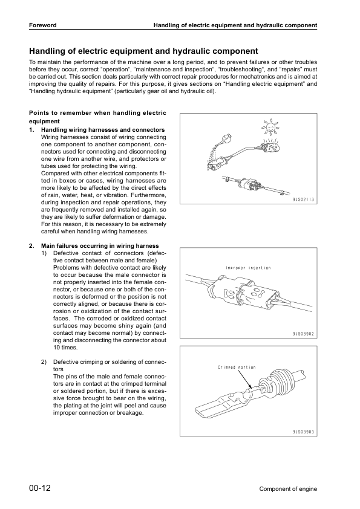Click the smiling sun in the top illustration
pyautogui.click(x=269, y=128)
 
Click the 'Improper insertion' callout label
pyautogui.click(x=248, y=268)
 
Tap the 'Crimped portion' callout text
pyautogui.click(x=237, y=367)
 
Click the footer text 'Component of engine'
pyautogui.click(x=288, y=489)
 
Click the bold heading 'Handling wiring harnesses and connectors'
pyautogui.click(x=102, y=131)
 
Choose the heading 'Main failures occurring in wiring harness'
pyautogui.click(x=100, y=246)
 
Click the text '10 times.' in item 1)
pyautogui.click(x=65, y=348)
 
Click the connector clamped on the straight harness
pyautogui.click(x=247, y=184)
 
